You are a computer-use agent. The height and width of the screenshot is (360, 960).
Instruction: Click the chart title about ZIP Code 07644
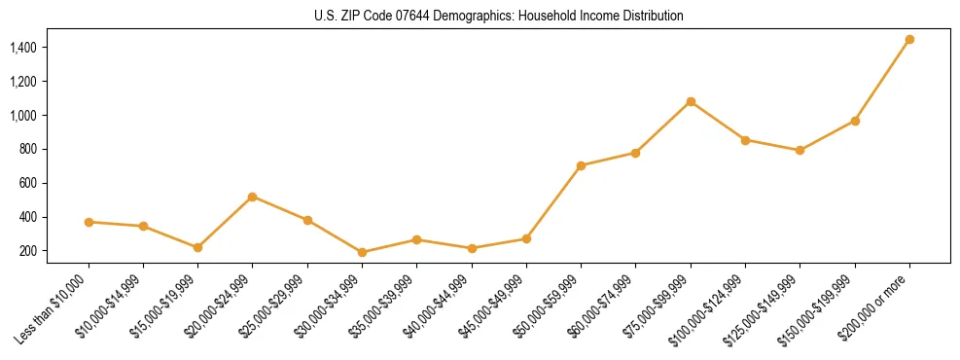(499, 16)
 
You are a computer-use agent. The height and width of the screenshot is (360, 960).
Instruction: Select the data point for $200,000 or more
(909, 40)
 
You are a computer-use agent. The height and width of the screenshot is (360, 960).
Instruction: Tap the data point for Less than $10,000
(89, 222)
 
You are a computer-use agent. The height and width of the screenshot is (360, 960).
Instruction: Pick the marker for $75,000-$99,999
(691, 101)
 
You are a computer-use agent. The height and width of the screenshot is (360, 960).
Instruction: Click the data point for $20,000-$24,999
(253, 197)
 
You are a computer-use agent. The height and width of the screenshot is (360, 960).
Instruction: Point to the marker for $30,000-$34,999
(362, 252)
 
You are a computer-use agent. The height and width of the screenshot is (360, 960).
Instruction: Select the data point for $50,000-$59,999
(581, 165)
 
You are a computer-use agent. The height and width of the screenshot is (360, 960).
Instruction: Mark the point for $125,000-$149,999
(800, 150)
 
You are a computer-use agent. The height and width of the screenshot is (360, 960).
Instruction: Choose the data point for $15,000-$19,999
(198, 247)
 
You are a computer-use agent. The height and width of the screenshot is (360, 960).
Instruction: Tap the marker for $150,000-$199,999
(855, 121)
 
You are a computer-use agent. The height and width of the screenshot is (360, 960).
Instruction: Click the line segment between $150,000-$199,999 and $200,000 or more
(882, 81)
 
